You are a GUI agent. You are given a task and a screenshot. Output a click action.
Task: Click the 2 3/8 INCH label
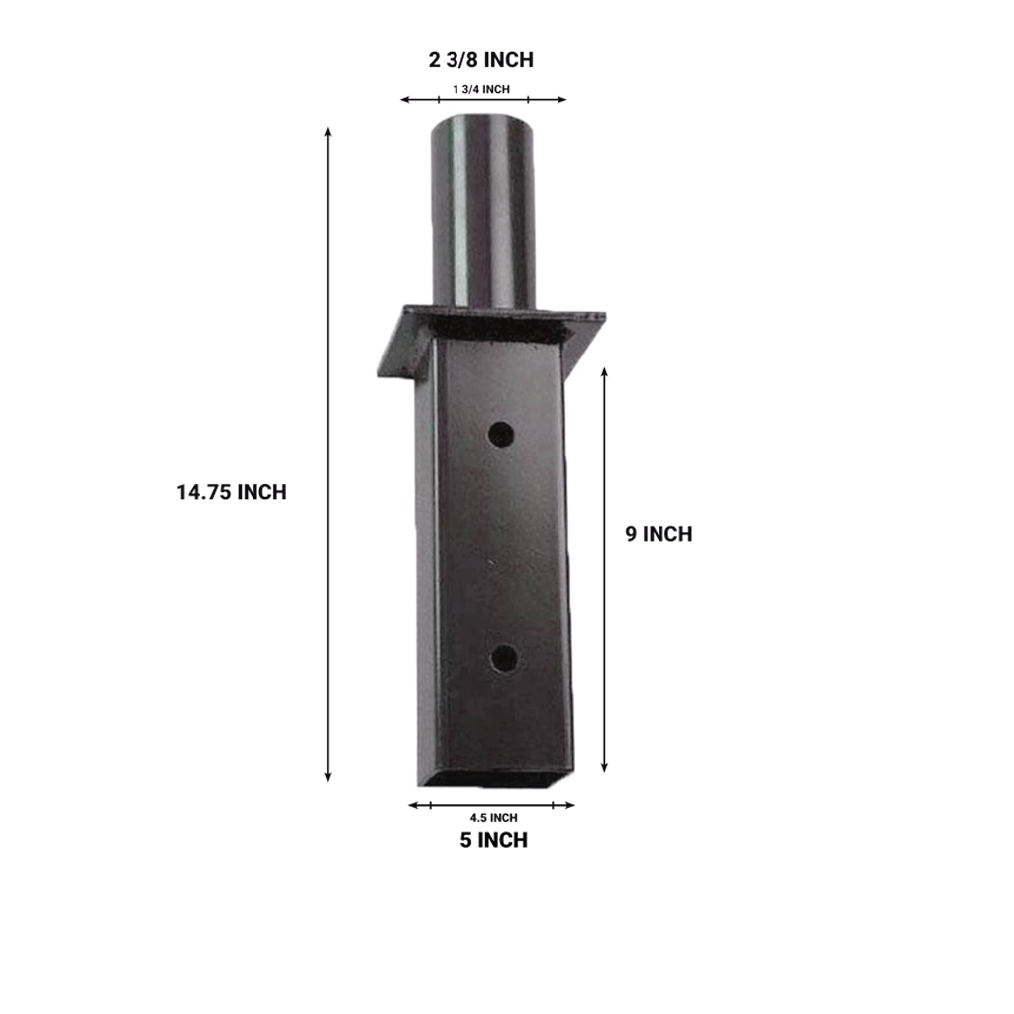tap(481, 60)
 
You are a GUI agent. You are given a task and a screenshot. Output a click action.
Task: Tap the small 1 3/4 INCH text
tap(481, 90)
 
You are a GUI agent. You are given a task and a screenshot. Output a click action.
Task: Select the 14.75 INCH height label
tap(232, 492)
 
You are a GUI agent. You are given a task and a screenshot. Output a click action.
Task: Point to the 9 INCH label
tap(659, 534)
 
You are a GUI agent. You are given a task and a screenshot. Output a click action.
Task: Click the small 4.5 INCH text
tap(493, 818)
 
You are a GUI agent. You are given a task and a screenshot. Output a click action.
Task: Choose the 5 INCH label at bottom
tap(493, 841)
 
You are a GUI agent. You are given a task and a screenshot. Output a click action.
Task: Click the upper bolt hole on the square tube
tap(501, 434)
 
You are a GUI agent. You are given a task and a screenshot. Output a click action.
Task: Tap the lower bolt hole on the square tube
tap(504, 658)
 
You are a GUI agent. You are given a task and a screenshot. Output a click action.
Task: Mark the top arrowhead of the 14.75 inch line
tap(328, 131)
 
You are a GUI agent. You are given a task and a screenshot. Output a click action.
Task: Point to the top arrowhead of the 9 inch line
tap(605, 370)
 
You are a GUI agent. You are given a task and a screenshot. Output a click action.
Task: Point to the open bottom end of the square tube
tap(493, 781)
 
